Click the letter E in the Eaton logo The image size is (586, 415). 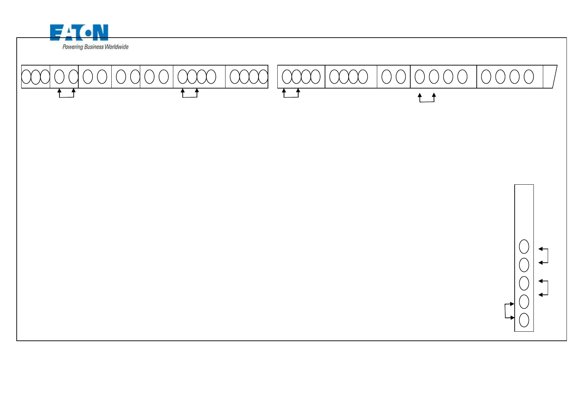pyautogui.click(x=56, y=32)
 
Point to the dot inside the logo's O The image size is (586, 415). pyautogui.click(x=88, y=33)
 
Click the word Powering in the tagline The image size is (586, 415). pyautogui.click(x=73, y=47)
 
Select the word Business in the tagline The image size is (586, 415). pyautogui.click(x=94, y=47)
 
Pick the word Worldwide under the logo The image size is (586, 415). pyautogui.click(x=117, y=47)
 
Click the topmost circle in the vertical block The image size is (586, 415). pyautogui.click(x=524, y=246)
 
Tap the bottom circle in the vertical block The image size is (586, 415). pyautogui.click(x=524, y=320)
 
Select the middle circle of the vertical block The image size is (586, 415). pyautogui.click(x=524, y=283)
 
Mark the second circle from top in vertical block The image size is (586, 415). pyautogui.click(x=524, y=265)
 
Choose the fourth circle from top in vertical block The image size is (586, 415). pyautogui.click(x=524, y=302)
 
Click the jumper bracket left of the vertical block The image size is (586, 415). pyautogui.click(x=506, y=311)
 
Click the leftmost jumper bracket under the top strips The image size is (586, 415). pyautogui.click(x=66, y=96)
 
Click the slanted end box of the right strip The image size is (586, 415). pyautogui.click(x=550, y=77)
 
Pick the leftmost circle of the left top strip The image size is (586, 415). pyautogui.click(x=26, y=77)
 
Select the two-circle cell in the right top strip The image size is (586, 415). pyautogui.click(x=394, y=77)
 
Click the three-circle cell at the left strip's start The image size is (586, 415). pyautogui.click(x=36, y=77)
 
